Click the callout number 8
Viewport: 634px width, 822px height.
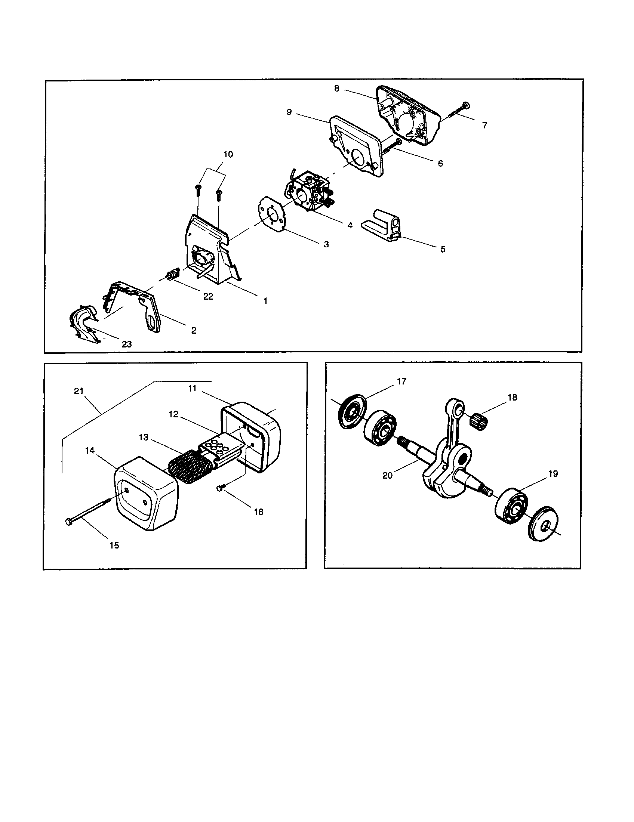[x=336, y=89]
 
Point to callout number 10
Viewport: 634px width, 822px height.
[x=228, y=154]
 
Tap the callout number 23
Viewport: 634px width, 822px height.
[x=127, y=344]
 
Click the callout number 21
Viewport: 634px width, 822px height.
[x=78, y=391]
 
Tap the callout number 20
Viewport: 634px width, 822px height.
[x=387, y=475]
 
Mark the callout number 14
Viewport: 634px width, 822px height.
[x=90, y=450]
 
